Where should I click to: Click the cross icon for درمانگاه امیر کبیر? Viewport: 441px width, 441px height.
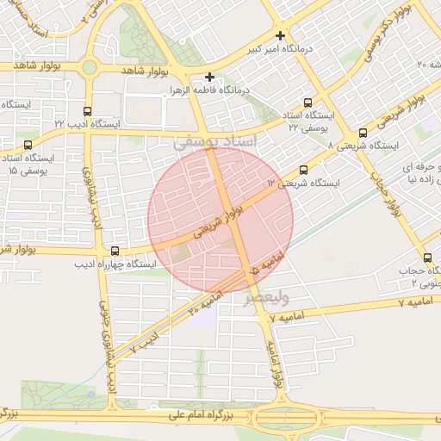point(280,35)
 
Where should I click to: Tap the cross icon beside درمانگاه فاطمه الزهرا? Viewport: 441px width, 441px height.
point(209,77)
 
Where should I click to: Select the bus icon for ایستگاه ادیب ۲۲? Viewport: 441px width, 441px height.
point(87,111)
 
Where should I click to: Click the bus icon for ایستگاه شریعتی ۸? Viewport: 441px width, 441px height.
point(363,134)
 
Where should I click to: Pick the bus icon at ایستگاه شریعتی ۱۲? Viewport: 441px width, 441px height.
point(302,171)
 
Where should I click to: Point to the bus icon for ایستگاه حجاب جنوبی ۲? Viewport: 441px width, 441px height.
point(427,258)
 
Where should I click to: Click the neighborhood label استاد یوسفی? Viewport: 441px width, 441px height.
point(215,141)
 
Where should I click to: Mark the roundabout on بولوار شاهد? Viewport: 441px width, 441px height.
point(90,67)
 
